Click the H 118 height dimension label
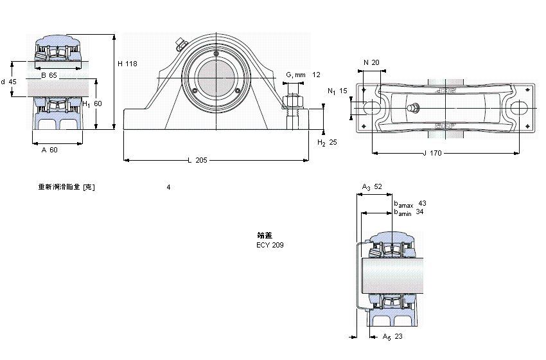click(x=127, y=64)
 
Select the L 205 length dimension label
click(x=197, y=160)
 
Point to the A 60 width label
click(x=49, y=150)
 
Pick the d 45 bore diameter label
click(x=8, y=82)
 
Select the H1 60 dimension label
click(x=92, y=104)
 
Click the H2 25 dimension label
click(x=328, y=142)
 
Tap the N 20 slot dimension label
click(x=371, y=62)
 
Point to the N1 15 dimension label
click(x=337, y=91)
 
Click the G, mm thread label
click(x=295, y=75)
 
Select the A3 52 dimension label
click(x=372, y=187)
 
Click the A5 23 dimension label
click(x=392, y=336)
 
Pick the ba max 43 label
click(x=409, y=204)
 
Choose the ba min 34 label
click(x=409, y=212)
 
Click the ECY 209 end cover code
click(x=270, y=245)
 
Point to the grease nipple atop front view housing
click(x=179, y=44)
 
